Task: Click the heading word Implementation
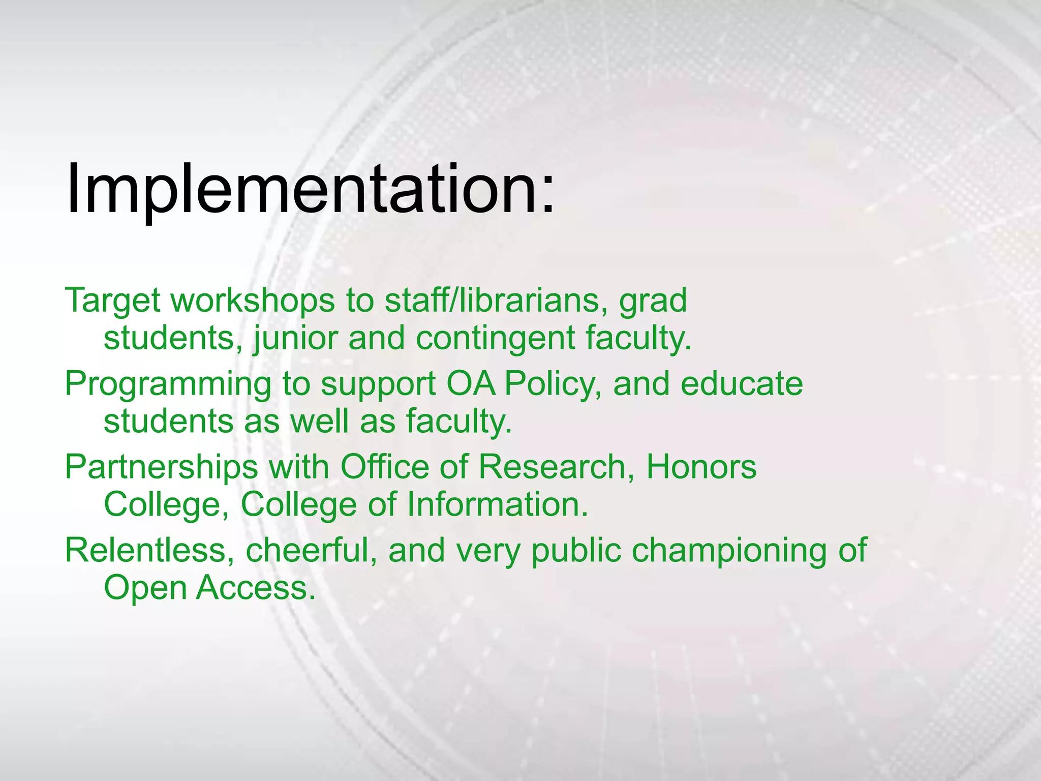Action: pyautogui.click(x=300, y=189)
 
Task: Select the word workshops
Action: pyautogui.click(x=253, y=301)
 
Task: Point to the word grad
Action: pyautogui.click(x=653, y=301)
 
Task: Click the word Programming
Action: pyautogui.click(x=168, y=384)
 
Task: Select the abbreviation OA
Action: pyautogui.click(x=471, y=384)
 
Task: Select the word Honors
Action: pyautogui.click(x=701, y=467)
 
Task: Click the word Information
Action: pyautogui.click(x=497, y=505)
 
